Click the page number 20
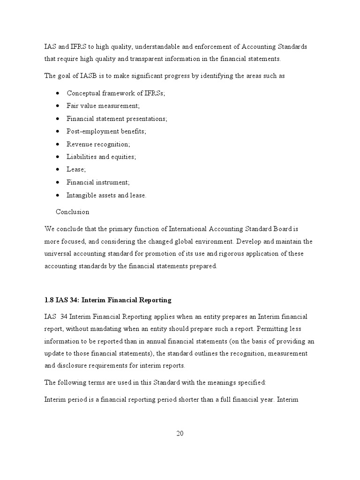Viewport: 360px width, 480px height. [x=180, y=433]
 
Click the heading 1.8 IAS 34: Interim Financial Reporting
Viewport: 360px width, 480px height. [x=108, y=300]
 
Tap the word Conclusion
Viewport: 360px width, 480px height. [x=72, y=212]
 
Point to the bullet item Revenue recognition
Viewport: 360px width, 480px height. [x=98, y=144]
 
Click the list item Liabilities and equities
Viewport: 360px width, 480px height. [x=101, y=157]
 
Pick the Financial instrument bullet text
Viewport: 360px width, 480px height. [x=98, y=182]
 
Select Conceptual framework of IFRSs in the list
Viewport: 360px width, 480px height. [x=116, y=93]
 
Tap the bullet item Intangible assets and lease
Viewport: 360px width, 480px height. [x=106, y=195]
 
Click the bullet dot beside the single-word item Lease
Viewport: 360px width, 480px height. [x=57, y=170]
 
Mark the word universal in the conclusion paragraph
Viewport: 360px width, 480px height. [x=59, y=254]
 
